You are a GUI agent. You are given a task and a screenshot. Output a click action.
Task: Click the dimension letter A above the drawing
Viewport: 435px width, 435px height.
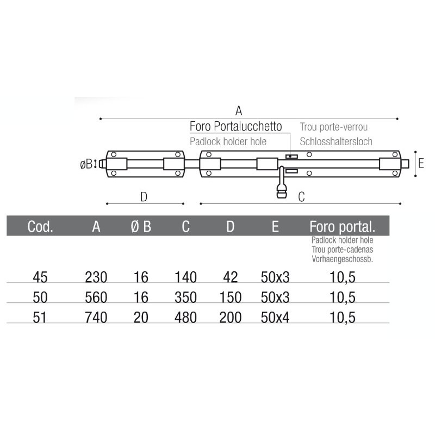click(x=238, y=110)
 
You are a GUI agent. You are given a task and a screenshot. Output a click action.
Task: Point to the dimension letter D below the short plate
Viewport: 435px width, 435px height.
click(x=144, y=197)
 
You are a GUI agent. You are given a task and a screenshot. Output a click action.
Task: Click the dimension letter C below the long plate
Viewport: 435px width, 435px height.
click(x=301, y=197)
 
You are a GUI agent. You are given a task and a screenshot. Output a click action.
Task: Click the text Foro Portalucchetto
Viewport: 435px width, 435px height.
click(x=235, y=127)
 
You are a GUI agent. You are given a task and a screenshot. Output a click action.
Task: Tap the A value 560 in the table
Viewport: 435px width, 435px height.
click(x=96, y=297)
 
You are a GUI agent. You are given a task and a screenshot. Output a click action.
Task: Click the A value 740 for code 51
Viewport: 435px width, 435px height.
click(x=96, y=318)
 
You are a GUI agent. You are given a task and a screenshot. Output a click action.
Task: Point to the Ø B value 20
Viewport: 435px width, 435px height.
click(x=141, y=318)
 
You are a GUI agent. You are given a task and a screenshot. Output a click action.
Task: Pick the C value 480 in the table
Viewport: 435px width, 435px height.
click(x=185, y=318)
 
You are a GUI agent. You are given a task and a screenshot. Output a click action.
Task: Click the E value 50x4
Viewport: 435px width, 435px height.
click(x=275, y=318)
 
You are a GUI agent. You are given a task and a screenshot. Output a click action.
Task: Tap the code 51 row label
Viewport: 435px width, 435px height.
click(x=40, y=318)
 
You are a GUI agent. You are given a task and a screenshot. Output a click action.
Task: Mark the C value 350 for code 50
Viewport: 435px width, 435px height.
click(x=185, y=297)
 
